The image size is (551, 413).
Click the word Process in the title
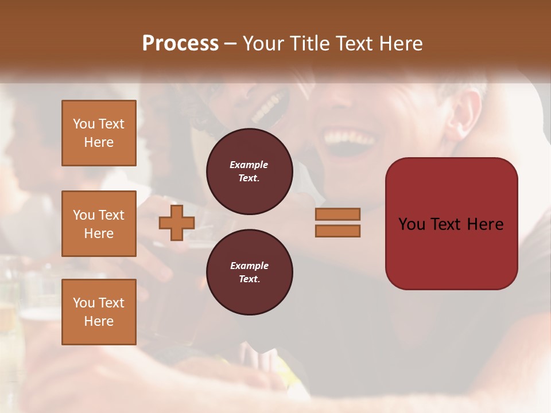tap(180, 44)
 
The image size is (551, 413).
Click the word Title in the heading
tap(308, 44)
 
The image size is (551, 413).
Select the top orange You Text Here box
tap(99, 133)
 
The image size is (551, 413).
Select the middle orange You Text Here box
tap(99, 224)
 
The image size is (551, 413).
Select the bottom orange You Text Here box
tap(99, 311)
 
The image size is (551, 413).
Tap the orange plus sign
tap(177, 223)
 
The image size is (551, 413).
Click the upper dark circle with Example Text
tap(249, 172)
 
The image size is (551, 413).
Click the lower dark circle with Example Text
tap(249, 272)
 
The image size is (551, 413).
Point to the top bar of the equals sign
tap(337, 214)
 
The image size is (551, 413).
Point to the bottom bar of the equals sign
tap(337, 231)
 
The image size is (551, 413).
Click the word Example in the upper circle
tap(249, 165)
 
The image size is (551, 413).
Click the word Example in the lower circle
tap(249, 266)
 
